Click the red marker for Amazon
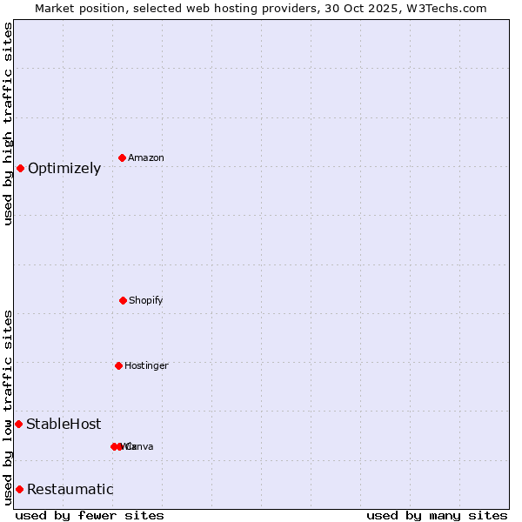pos(122,157)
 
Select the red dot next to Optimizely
pos(20,168)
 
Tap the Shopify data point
pos(123,300)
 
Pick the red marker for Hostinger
pos(118,365)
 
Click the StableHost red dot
pos(18,424)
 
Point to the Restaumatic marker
pos(19,489)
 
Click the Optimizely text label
pos(64,169)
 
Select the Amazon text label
pos(146,157)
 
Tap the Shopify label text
pos(146,300)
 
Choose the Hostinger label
pos(146,365)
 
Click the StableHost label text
pos(64,425)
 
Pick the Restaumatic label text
pos(70,490)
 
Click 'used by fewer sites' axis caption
pos(90,515)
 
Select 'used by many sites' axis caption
pos(437,515)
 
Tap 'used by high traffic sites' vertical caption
pos(8,124)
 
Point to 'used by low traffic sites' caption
pos(8,407)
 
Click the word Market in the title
pos(55,8)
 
